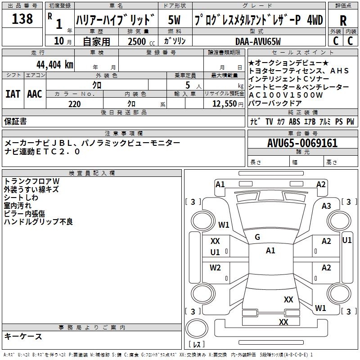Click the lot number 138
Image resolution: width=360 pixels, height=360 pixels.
[22, 19]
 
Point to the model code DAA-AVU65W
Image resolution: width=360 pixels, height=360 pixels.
[258, 41]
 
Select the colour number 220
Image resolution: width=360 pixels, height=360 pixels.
[75, 104]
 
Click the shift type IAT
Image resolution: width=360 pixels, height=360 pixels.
[13, 94]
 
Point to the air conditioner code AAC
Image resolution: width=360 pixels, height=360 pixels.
[35, 94]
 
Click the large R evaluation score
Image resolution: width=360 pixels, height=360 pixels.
[343, 20]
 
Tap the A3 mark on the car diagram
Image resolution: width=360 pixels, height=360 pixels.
[326, 206]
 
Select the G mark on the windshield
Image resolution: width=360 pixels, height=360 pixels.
[257, 237]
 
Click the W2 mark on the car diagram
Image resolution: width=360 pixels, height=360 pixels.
[215, 268]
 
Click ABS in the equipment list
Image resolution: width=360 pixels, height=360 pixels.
[295, 121]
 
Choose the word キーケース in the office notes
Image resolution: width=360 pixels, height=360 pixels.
[23, 337]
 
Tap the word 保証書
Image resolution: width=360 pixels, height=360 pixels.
[15, 121]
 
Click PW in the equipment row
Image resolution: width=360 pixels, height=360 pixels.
[350, 121]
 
